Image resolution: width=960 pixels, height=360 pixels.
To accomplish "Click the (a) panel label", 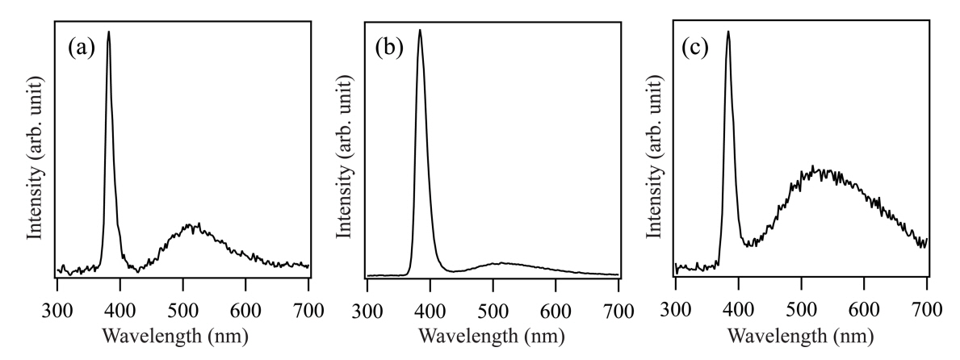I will click(82, 48).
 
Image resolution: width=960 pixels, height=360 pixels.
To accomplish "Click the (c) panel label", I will click(695, 48).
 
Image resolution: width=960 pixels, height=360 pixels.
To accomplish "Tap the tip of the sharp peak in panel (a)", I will click(108, 32).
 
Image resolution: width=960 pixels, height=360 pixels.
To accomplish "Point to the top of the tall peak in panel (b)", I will click(419, 31).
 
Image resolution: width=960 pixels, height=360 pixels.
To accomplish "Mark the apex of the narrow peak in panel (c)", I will click(728, 32).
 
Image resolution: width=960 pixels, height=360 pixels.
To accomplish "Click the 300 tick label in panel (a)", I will click(57, 308).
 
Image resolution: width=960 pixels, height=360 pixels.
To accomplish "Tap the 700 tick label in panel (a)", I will click(308, 308).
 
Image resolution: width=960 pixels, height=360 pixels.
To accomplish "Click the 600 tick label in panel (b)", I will click(555, 308).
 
